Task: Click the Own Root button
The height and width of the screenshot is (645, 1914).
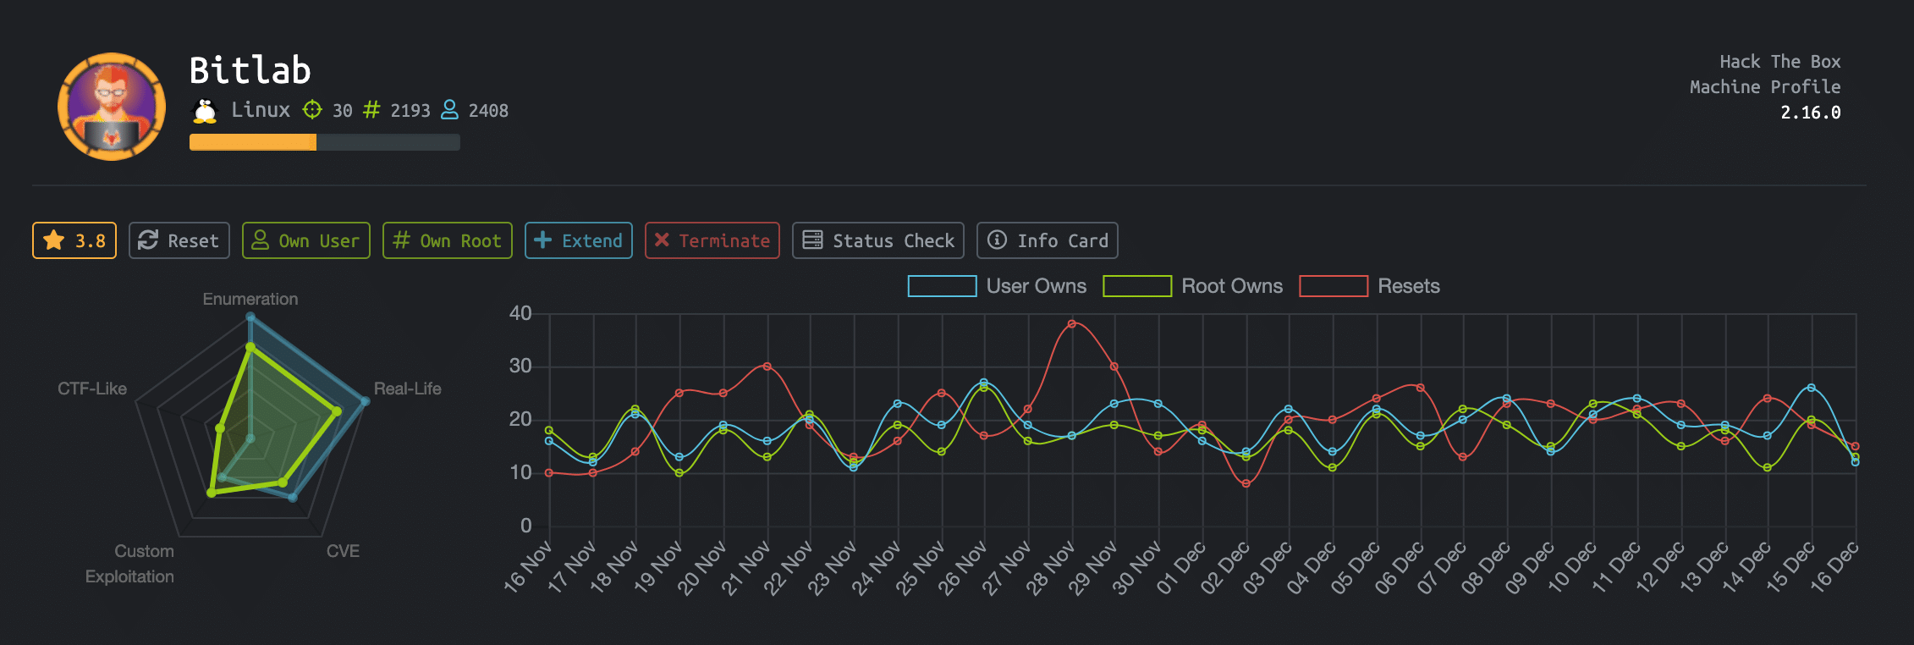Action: tap(447, 240)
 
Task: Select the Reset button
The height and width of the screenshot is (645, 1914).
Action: tap(179, 240)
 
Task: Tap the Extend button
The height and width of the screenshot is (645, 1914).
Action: tap(578, 240)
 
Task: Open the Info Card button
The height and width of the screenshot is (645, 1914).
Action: tap(1047, 240)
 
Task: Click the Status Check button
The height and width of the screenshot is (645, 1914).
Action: tap(877, 240)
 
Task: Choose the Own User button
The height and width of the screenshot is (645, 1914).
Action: tap(305, 240)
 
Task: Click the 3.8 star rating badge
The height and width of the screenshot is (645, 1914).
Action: tap(74, 240)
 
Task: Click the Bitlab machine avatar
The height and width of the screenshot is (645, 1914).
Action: tap(112, 107)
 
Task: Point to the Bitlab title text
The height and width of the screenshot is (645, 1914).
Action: tap(250, 70)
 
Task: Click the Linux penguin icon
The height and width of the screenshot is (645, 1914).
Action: tap(205, 111)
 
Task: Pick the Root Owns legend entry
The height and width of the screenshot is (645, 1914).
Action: tap(1192, 286)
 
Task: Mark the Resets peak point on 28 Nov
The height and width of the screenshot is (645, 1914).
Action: tap(1071, 323)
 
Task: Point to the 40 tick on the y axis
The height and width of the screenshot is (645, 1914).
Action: tap(520, 313)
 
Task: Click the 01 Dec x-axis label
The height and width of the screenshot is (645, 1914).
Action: tap(1181, 568)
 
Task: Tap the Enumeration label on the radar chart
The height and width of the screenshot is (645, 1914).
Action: tap(250, 299)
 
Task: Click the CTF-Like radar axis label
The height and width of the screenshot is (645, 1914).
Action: tap(91, 389)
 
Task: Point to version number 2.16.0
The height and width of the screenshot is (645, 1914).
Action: tap(1810, 113)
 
